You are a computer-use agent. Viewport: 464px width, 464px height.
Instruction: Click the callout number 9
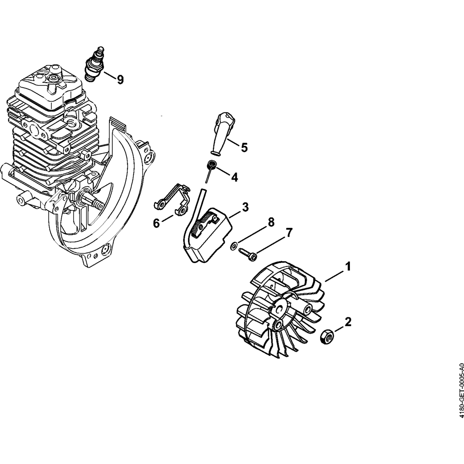point(120,80)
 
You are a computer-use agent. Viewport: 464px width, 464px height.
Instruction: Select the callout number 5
point(244,148)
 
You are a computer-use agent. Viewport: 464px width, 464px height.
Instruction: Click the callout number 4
point(234,177)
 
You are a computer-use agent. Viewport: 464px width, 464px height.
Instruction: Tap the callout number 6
point(156,223)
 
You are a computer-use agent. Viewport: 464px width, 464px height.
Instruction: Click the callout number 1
point(347,267)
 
